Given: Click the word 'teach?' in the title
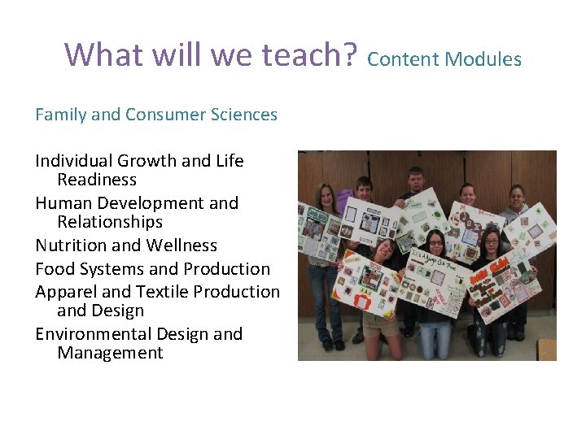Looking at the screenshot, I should [x=310, y=54].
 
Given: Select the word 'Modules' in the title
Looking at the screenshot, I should [x=487, y=59].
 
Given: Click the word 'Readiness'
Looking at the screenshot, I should [x=97, y=180].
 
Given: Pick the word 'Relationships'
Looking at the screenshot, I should [x=110, y=222].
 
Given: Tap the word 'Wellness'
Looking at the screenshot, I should [x=181, y=246].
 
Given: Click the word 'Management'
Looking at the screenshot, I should [x=110, y=354].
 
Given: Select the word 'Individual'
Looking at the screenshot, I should [x=74, y=161].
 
